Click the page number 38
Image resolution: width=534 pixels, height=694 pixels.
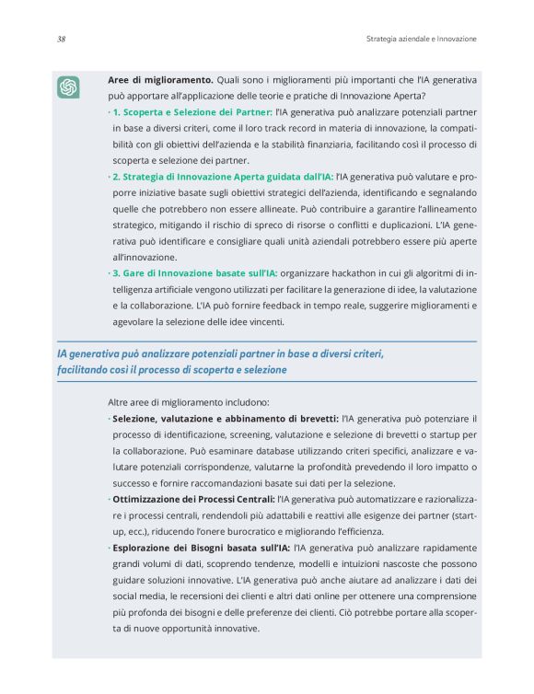click(60, 40)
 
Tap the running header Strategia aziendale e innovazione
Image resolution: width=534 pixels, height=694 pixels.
click(414, 40)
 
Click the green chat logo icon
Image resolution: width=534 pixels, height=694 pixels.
click(68, 87)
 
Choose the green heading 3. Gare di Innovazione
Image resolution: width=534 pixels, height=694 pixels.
click(193, 273)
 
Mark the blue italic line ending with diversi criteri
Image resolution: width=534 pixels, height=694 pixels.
click(220, 353)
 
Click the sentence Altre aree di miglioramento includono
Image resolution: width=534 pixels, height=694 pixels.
click(188, 402)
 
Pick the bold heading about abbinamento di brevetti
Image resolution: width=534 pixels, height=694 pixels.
click(225, 419)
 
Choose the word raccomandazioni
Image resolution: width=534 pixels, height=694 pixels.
click(238, 483)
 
